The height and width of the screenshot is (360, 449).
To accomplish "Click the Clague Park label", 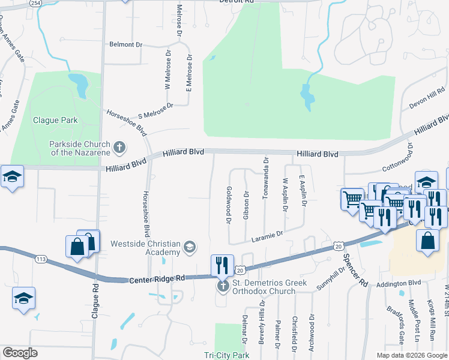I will click(x=55, y=120).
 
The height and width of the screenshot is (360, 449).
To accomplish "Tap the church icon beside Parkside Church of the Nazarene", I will click(x=119, y=146).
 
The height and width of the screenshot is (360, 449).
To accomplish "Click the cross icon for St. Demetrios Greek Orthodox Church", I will click(x=223, y=286).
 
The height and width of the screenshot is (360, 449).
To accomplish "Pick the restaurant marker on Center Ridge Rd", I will click(x=222, y=264).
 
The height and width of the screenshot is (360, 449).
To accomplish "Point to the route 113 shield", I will click(x=41, y=259).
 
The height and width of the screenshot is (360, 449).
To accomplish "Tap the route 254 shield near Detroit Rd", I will click(x=35, y=3).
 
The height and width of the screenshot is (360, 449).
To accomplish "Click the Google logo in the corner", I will click(x=20, y=353).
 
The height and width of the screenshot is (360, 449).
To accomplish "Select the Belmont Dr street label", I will click(x=125, y=44).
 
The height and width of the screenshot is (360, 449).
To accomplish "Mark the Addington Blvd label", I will click(x=399, y=282).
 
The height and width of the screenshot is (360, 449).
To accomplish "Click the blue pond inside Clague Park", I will click(x=79, y=84).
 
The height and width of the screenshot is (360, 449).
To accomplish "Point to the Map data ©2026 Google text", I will click(x=411, y=355).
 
